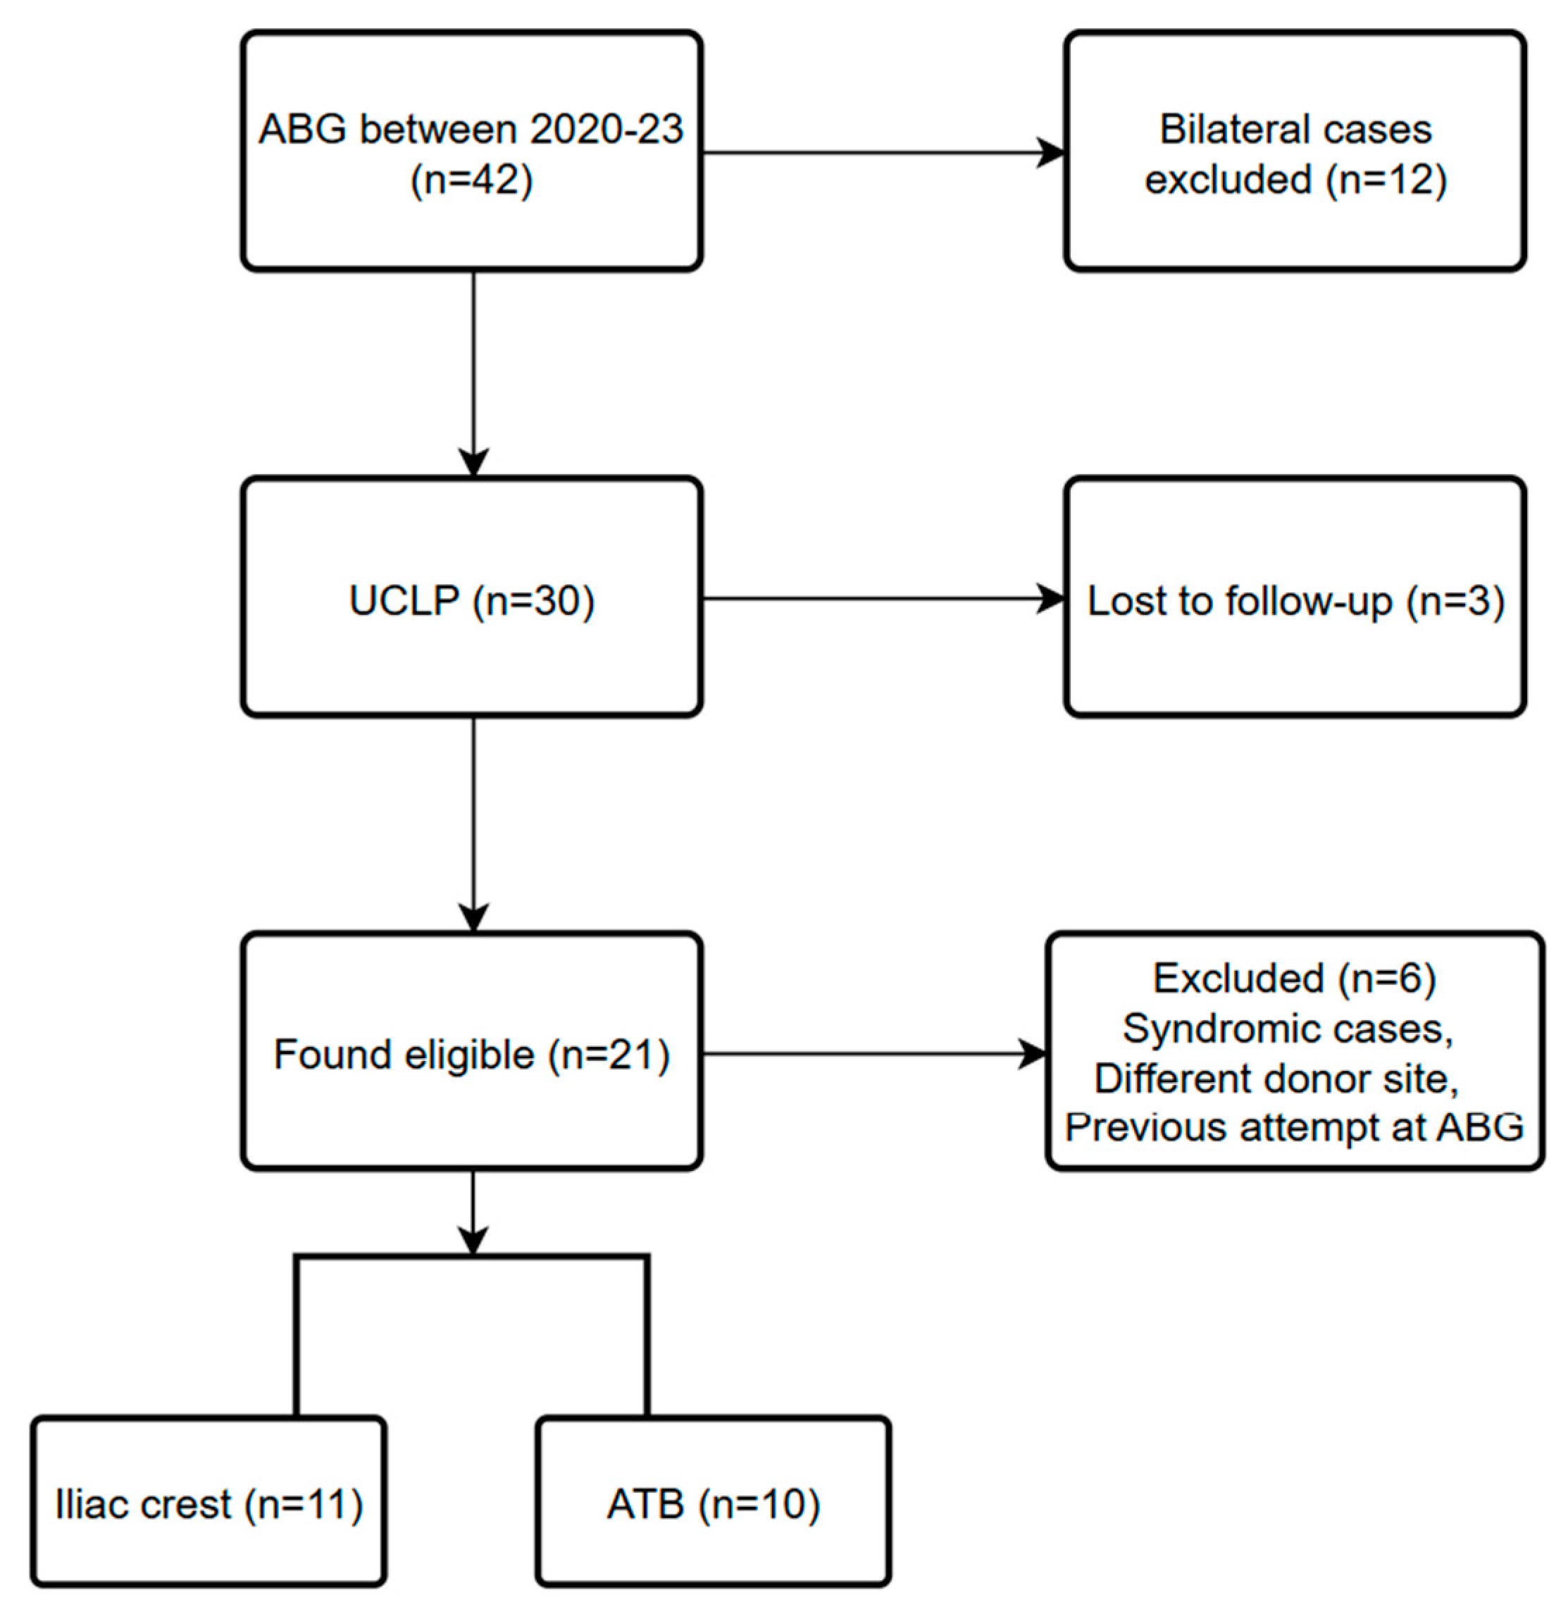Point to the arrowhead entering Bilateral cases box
tap(1051, 152)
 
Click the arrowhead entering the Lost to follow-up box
tap(1051, 599)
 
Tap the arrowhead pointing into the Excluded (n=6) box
tap(1033, 1053)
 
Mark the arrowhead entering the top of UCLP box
tap(473, 463)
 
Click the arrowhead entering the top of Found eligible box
tap(473, 917)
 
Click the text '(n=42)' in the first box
tap(471, 180)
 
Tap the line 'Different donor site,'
tap(1276, 1077)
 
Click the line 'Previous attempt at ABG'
tap(1295, 1127)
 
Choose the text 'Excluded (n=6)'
tap(1295, 979)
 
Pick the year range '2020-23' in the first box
tap(606, 130)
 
